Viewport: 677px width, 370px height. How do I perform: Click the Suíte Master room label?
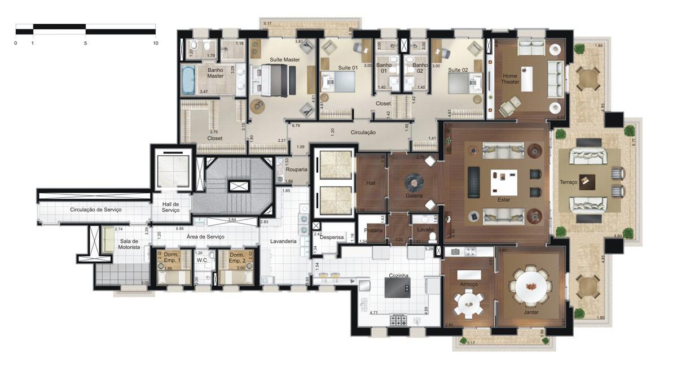[x=284, y=59]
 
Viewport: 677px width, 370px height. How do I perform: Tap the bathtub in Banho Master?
[x=188, y=80]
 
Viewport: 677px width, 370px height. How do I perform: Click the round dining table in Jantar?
[x=531, y=286]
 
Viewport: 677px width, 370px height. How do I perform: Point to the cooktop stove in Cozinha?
[x=399, y=320]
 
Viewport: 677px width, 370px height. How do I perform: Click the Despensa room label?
[x=332, y=237]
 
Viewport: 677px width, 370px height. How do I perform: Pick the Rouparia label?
[x=296, y=169]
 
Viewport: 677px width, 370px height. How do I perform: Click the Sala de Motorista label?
[x=129, y=244]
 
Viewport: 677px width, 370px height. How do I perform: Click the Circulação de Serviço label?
[x=96, y=210]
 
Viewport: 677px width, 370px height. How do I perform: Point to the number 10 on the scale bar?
[x=155, y=43]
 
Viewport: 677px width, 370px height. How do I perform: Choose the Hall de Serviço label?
[x=170, y=207]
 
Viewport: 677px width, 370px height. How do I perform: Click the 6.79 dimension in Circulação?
[x=296, y=125]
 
